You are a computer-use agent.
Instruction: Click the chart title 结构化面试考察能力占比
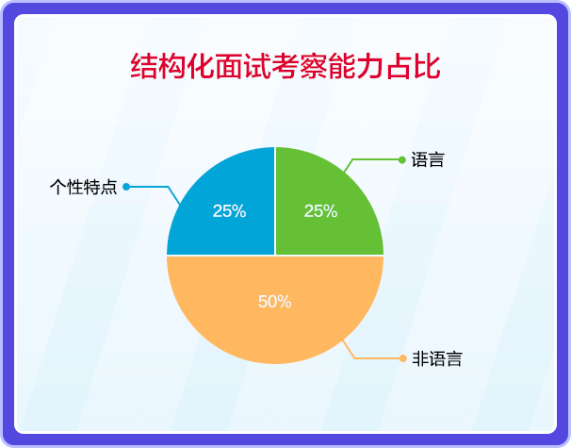click(285, 66)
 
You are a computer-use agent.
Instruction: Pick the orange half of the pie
click(275, 303)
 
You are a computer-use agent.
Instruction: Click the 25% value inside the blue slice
click(229, 211)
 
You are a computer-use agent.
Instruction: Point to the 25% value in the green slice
click(320, 211)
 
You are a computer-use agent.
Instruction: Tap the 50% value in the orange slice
click(275, 302)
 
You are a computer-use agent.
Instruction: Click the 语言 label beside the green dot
click(428, 159)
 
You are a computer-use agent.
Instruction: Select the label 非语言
click(437, 358)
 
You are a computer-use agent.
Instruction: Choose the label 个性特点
click(84, 187)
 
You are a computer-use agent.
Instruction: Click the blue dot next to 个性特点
click(126, 187)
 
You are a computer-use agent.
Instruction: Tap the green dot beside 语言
click(402, 159)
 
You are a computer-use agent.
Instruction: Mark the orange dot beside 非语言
click(402, 358)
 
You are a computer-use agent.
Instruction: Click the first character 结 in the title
click(144, 66)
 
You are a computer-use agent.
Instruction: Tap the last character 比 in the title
click(428, 66)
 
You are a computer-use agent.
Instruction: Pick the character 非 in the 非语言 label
click(420, 358)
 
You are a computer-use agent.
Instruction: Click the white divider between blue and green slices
click(275, 201)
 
